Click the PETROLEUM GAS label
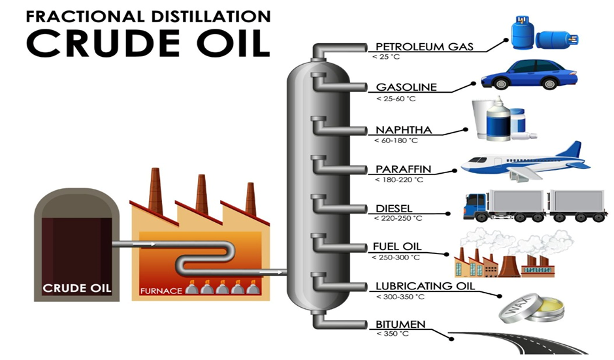click(x=425, y=46)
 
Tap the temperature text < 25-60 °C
click(x=396, y=99)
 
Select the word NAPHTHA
click(x=404, y=129)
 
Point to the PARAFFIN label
click(x=403, y=169)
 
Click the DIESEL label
click(x=394, y=208)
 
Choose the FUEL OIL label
click(x=397, y=246)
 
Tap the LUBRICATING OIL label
click(x=425, y=286)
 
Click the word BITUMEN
click(x=400, y=324)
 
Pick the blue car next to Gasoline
click(x=529, y=74)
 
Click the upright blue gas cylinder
click(x=522, y=32)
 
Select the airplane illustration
click(x=525, y=162)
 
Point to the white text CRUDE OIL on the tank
click(x=77, y=288)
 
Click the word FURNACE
click(x=161, y=291)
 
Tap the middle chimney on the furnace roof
click(x=201, y=195)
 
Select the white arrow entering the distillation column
click(x=270, y=271)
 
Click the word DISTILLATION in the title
click(x=210, y=16)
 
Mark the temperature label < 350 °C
click(x=393, y=334)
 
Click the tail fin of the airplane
click(x=572, y=150)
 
